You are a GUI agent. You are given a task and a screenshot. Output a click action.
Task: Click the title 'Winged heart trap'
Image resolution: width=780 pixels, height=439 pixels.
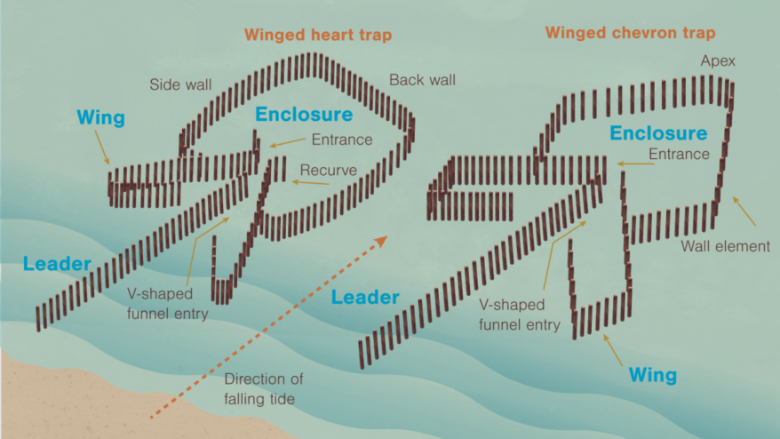coord(317,35)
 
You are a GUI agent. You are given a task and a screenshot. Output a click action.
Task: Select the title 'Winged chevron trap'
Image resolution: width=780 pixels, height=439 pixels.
coord(630,33)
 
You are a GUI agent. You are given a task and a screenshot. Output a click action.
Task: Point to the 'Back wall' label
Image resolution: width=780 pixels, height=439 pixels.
coord(422,80)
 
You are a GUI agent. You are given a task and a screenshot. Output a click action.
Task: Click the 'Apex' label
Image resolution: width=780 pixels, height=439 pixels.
coord(718,61)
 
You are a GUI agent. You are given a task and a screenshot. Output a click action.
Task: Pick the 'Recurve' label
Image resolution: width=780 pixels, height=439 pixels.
coord(329,169)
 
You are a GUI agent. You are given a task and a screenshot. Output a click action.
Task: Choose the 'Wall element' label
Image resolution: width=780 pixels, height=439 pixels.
coord(726,246)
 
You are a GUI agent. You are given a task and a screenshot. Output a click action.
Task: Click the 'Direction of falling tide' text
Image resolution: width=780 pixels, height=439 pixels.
coord(259,388)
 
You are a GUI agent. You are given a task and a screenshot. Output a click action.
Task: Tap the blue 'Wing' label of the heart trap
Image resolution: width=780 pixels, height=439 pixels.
coord(100,117)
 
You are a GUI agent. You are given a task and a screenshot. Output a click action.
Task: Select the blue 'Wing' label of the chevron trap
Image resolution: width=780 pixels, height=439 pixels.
coord(653,374)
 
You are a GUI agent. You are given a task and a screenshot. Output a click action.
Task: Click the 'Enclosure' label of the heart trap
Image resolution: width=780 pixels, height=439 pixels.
coord(303,114)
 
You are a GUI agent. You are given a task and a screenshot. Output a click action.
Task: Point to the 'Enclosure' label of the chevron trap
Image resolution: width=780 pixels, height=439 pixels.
coord(658,134)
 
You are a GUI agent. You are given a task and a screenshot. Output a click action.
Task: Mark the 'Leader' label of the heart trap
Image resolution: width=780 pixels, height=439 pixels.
coord(57,264)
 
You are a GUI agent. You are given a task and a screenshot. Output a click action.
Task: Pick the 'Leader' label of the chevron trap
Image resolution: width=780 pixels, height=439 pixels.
coord(365,297)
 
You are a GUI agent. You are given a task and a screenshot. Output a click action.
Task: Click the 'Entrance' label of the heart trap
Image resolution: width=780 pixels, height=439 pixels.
coord(342,140)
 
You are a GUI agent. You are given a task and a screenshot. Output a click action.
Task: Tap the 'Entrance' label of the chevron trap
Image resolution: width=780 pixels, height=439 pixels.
coord(679,155)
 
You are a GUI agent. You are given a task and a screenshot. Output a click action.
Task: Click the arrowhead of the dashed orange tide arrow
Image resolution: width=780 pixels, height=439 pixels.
coord(383,240)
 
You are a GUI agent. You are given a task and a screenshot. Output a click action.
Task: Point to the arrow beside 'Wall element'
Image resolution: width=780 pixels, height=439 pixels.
coord(744,210)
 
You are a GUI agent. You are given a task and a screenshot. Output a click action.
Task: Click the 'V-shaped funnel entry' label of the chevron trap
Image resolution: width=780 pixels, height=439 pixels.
coord(520,315)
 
